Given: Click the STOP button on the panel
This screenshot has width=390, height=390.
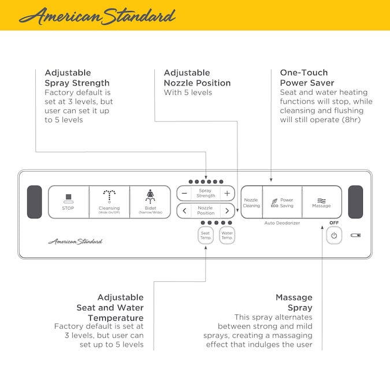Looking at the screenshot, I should point(68,202).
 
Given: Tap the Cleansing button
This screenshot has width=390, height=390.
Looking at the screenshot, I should point(109,202).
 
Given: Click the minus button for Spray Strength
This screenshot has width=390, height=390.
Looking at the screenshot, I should point(184,193).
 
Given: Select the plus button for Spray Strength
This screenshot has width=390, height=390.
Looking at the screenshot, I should point(227,193).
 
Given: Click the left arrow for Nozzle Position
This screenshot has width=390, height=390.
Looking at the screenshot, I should point(184,210).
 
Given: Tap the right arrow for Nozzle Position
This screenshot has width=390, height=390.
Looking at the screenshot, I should point(227,210).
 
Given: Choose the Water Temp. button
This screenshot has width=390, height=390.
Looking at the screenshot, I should point(227,235).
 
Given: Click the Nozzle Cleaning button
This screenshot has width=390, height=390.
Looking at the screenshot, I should point(251,202).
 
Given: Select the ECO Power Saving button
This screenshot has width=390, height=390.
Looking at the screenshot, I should point(283,202).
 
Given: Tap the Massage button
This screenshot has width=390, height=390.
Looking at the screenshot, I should point(321,202).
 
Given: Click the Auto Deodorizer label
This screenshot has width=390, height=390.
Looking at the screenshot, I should point(282,223).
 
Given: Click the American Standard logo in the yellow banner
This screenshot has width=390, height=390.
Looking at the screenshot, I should point(96,16).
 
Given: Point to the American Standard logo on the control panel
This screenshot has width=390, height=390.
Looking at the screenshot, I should point(75,241).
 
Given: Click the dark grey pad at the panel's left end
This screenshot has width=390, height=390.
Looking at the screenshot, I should point(35,202).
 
